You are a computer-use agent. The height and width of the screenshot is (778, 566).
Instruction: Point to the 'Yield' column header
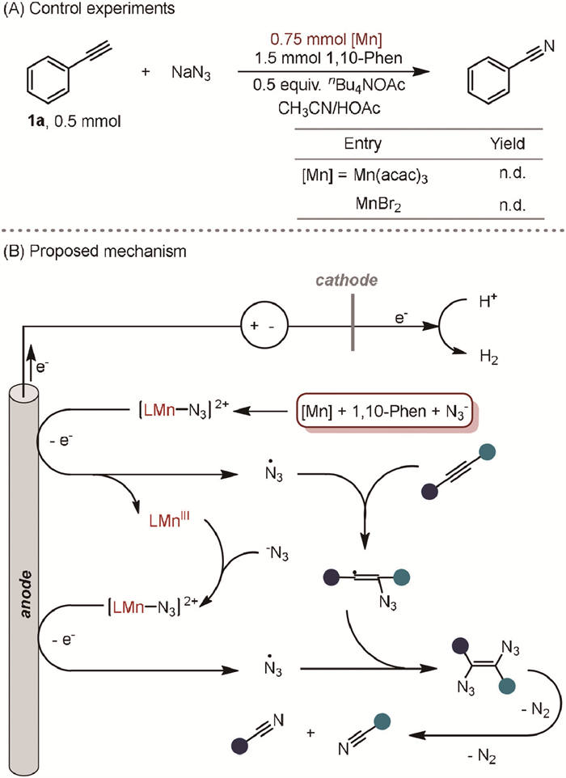tap(509, 145)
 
